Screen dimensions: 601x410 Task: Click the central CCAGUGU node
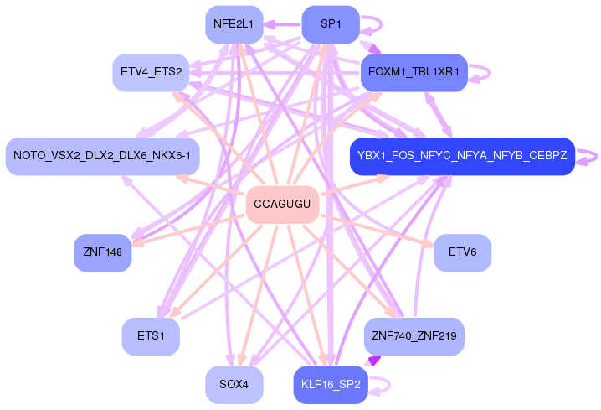pyautogui.click(x=282, y=205)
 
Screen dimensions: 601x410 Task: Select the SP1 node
pyautogui.click(x=331, y=24)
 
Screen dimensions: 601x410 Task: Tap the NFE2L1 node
pyautogui.click(x=234, y=24)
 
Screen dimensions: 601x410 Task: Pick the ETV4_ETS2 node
pyautogui.click(x=151, y=73)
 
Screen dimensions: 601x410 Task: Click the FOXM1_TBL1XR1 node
pyautogui.click(x=414, y=73)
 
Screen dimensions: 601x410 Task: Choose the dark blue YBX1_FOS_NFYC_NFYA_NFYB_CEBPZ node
pyautogui.click(x=462, y=156)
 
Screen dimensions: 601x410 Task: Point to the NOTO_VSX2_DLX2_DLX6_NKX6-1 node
pyautogui.click(x=102, y=156)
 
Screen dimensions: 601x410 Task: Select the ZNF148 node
pyautogui.click(x=103, y=253)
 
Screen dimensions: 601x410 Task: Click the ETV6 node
pyautogui.click(x=462, y=253)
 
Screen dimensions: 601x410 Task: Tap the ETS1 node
pyautogui.click(x=151, y=337)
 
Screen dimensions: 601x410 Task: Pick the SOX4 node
pyautogui.click(x=234, y=385)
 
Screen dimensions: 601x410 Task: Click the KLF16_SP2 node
pyautogui.click(x=331, y=385)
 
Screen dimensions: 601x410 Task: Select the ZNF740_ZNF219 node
pyautogui.click(x=414, y=337)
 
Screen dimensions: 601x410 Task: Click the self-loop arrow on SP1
pyautogui.click(x=381, y=24)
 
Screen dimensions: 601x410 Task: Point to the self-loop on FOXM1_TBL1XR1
pyautogui.click(x=489, y=73)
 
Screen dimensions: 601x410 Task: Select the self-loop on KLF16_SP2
pyautogui.click(x=389, y=385)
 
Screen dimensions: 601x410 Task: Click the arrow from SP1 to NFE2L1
pyautogui.click(x=282, y=24)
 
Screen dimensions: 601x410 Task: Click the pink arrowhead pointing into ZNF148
pyautogui.click(x=139, y=242)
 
